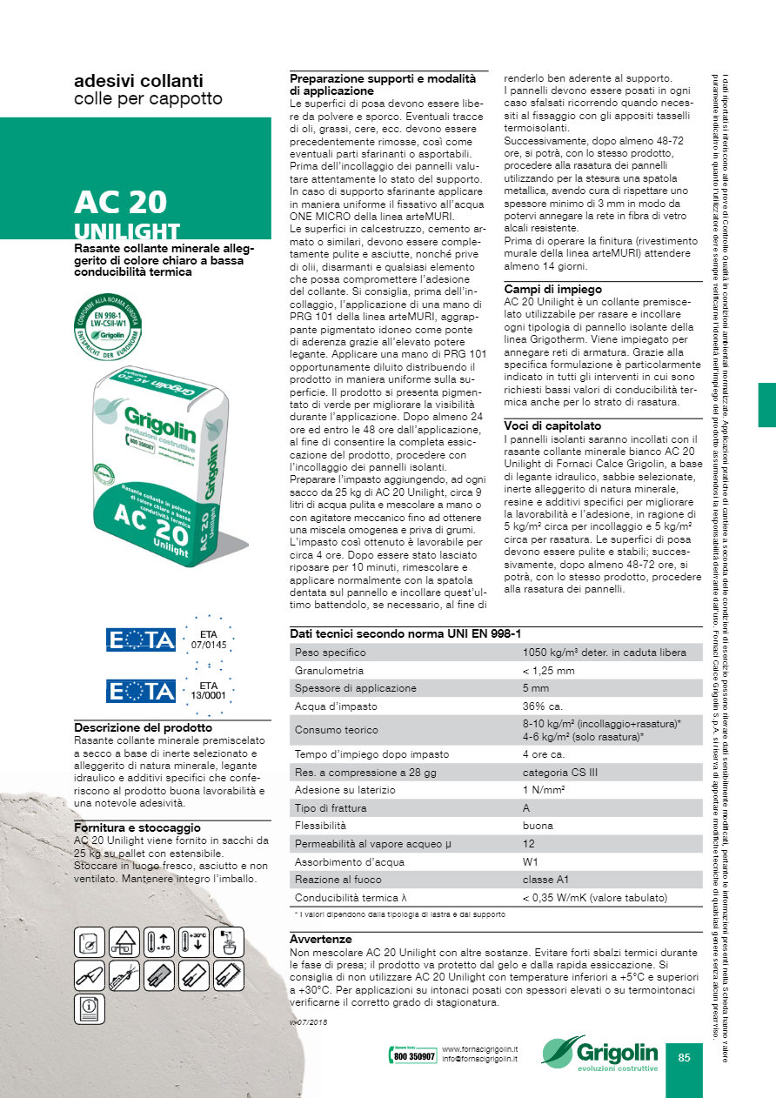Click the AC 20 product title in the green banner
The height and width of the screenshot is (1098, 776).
[x=121, y=202]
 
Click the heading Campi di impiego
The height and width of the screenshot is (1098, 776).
[x=552, y=289]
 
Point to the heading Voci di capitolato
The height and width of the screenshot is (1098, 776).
[x=552, y=425]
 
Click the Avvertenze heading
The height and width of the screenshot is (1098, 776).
[x=320, y=940]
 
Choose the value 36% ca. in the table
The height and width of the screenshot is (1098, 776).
[x=543, y=706]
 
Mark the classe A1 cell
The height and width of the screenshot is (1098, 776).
[x=545, y=880]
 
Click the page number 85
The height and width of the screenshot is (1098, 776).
[x=684, y=1058]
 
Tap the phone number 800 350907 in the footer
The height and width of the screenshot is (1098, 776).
[x=412, y=1056]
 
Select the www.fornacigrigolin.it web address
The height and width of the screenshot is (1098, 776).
[x=480, y=1050]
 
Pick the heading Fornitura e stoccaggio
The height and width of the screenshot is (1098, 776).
[x=137, y=827]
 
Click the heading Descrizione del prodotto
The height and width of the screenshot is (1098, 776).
[x=143, y=727]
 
